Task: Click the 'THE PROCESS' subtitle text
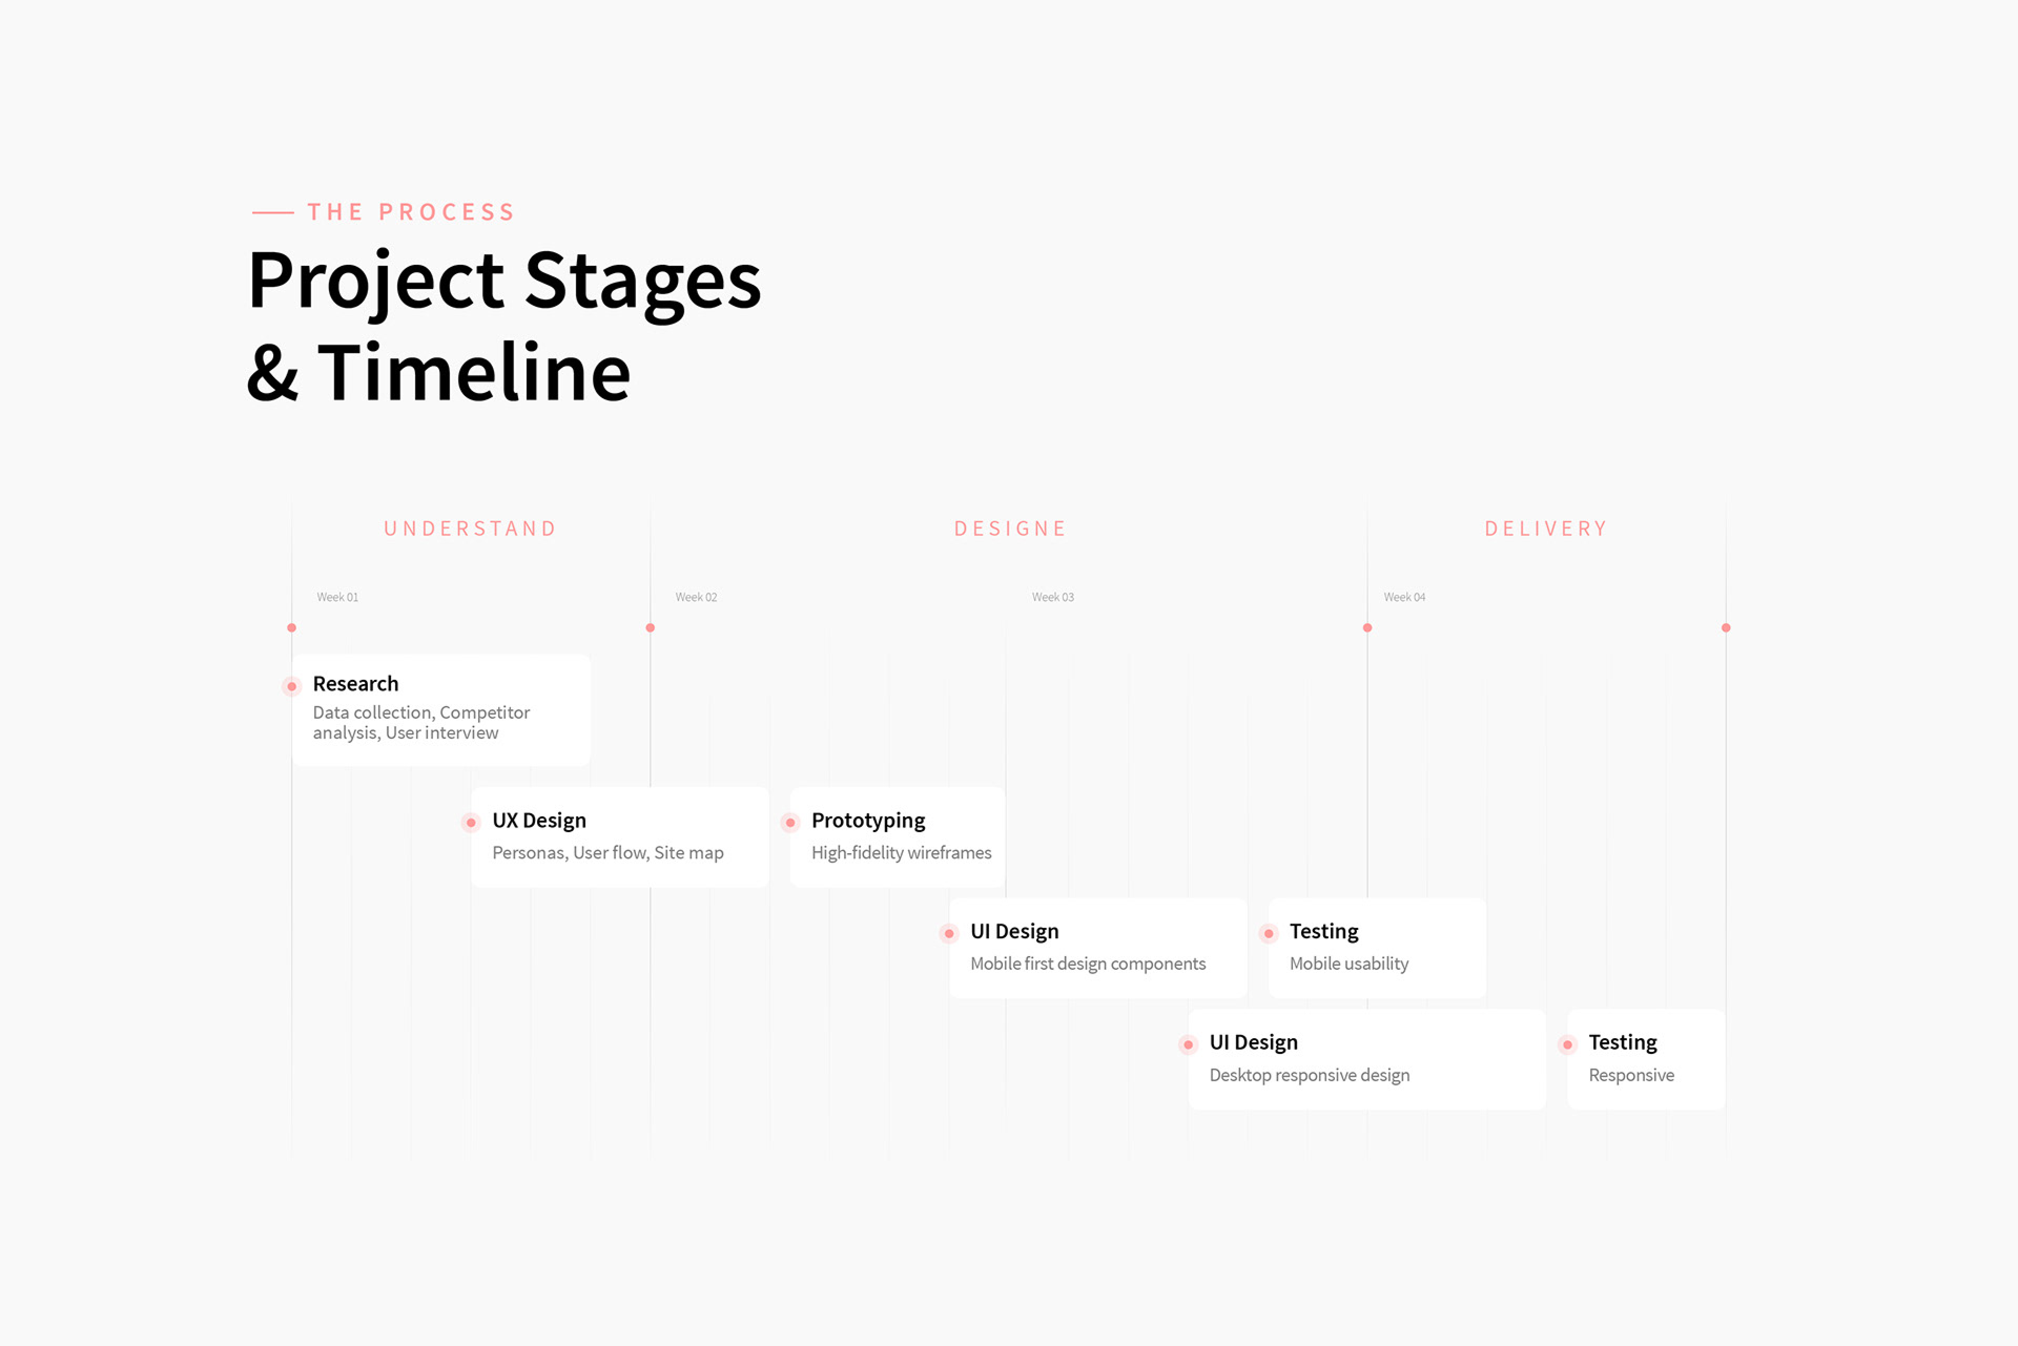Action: pos(411,212)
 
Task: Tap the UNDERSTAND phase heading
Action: pos(470,529)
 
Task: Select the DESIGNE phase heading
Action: pos(1011,529)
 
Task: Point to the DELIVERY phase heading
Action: pos(1546,529)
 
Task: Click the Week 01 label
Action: pos(337,597)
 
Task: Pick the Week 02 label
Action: pos(696,597)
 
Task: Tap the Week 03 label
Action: pos(1053,597)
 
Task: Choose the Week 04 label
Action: pos(1405,597)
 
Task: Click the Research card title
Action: pos(355,684)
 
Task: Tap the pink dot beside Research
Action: pos(292,687)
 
